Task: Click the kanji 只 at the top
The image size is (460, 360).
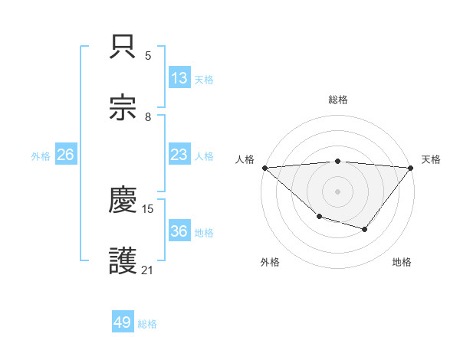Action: [124, 46]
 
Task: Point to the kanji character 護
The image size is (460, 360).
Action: [124, 260]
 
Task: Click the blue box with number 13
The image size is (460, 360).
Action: [179, 78]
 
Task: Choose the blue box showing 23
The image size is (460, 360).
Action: [179, 155]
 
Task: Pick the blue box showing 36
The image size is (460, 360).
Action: [179, 232]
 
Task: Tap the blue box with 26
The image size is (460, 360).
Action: [65, 155]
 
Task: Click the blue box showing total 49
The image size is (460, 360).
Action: [123, 322]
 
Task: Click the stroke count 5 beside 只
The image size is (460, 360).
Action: [148, 56]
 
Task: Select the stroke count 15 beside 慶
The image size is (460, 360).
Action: [148, 208]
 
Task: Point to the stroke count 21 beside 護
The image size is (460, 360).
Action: [148, 270]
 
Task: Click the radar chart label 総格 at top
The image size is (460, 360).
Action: [338, 100]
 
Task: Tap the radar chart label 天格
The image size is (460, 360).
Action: [431, 159]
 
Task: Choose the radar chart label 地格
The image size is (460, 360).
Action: [402, 263]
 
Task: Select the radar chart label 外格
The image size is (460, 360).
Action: [270, 263]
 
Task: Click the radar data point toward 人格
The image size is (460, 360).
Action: [264, 168]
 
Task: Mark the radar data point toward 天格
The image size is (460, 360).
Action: [411, 168]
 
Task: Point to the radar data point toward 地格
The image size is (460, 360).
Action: [365, 229]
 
